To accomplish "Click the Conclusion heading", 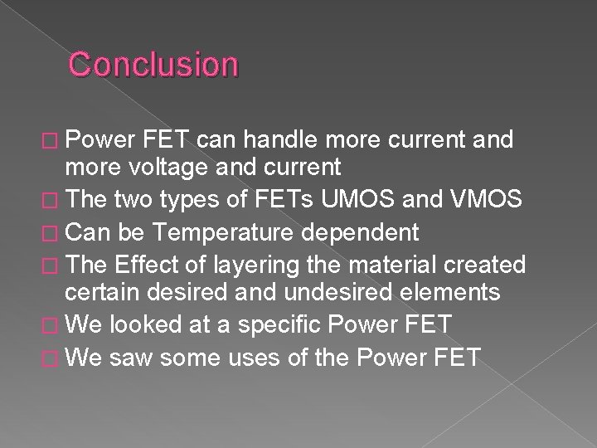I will pyautogui.click(x=153, y=64).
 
